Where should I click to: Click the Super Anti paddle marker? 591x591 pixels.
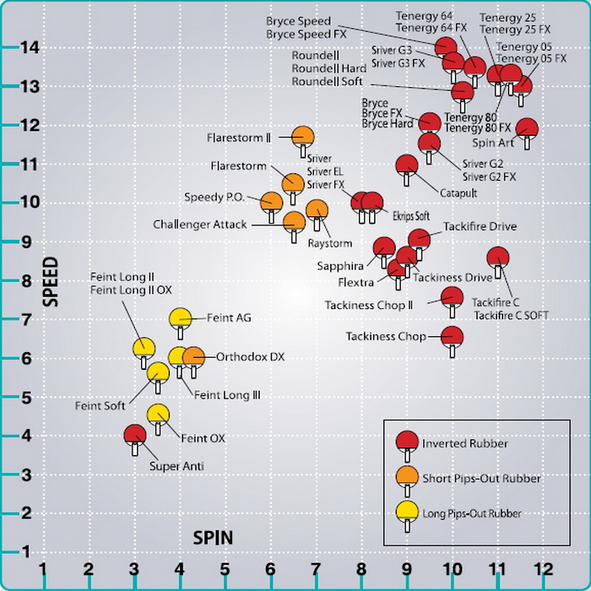coord(135,436)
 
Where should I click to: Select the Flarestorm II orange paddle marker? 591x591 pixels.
coord(303,137)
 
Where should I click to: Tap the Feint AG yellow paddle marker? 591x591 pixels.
coord(181,318)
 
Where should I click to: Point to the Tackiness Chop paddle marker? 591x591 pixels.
coord(453,336)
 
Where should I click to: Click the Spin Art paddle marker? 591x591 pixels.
coord(528,129)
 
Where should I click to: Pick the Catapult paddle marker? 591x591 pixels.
coord(407,165)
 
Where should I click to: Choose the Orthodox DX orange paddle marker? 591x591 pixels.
coord(193,357)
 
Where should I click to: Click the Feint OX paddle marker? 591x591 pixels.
coord(158,415)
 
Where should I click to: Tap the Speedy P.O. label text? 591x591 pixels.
coord(214,198)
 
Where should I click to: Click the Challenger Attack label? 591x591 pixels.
coord(199,225)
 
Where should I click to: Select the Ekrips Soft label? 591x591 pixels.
coord(412,216)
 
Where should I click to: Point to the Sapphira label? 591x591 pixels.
coord(340,265)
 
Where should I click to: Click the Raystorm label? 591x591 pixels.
coord(329,243)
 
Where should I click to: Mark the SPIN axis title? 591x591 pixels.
coord(213,537)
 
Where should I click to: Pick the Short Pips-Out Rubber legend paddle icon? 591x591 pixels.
coord(407,477)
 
